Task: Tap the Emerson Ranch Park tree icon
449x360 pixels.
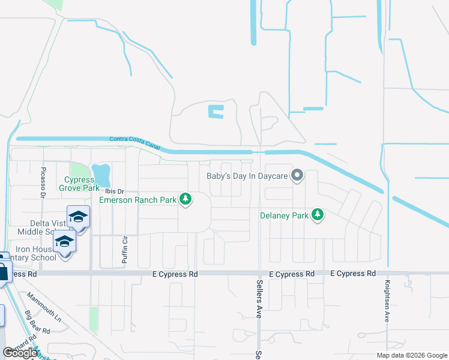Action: click(x=186, y=199)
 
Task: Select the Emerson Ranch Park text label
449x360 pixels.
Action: click(x=138, y=200)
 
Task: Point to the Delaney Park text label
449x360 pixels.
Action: click(x=284, y=215)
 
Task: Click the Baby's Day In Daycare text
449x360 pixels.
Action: click(x=247, y=176)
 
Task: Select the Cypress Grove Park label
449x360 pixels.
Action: click(x=82, y=184)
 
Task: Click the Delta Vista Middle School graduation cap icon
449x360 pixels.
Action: click(x=78, y=217)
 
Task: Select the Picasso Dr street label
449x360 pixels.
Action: click(x=43, y=182)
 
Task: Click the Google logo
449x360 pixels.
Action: click(x=20, y=352)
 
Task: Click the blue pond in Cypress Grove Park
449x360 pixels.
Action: click(x=102, y=175)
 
